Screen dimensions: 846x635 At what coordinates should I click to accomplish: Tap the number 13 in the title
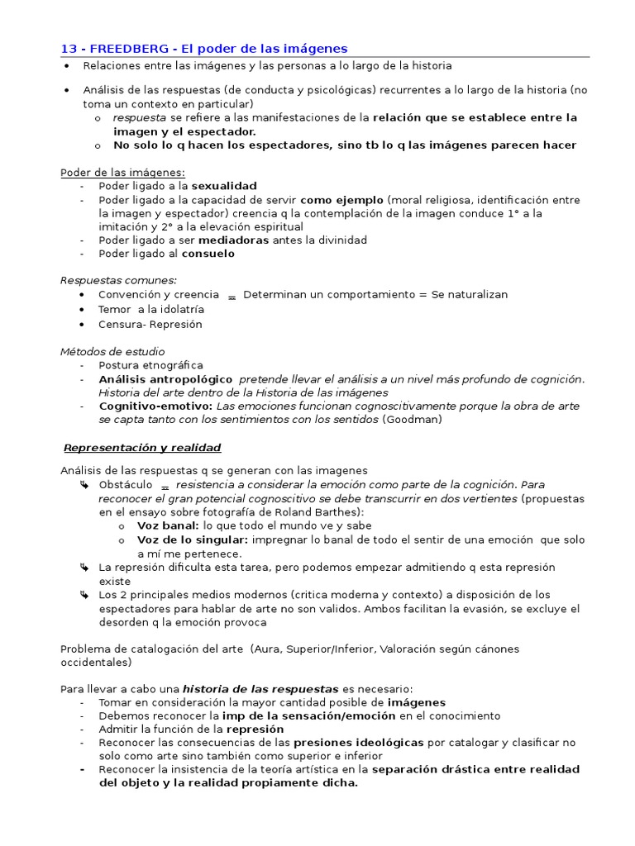tap(69, 49)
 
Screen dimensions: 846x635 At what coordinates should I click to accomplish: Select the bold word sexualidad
tap(224, 186)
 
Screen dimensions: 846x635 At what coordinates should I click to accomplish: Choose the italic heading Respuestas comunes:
tap(118, 281)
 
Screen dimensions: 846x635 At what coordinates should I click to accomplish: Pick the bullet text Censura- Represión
tap(150, 324)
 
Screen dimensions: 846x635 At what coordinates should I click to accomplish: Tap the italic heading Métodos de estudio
tap(112, 351)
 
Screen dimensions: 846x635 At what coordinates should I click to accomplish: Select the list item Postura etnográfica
tap(150, 365)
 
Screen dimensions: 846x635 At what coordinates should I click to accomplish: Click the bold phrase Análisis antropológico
tap(165, 378)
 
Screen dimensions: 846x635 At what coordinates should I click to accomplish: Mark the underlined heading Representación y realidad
tap(143, 448)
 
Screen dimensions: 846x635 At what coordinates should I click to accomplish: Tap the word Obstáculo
tap(125, 485)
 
